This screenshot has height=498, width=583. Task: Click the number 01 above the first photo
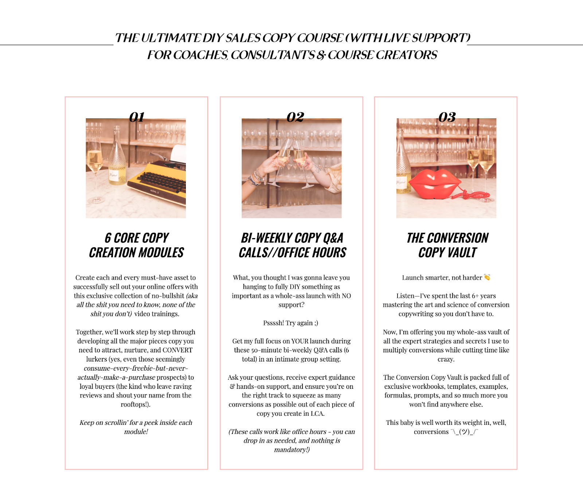pyautogui.click(x=137, y=117)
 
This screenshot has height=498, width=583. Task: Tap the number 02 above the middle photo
pyautogui.click(x=295, y=117)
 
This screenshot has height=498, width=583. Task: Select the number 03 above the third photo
pyautogui.click(x=447, y=117)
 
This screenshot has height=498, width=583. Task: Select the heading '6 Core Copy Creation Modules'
pyautogui.click(x=137, y=245)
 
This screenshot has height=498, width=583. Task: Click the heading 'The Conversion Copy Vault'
pyautogui.click(x=447, y=245)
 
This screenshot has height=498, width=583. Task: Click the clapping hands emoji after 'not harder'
pyautogui.click(x=487, y=277)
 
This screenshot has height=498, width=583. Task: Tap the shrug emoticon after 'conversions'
pyautogui.click(x=465, y=432)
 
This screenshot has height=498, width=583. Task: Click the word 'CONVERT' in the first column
pyautogui.click(x=177, y=350)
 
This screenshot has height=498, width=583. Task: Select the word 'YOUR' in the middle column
pyautogui.click(x=300, y=341)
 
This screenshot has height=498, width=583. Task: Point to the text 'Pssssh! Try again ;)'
pyautogui.click(x=291, y=323)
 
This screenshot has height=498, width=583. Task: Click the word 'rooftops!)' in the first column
pyautogui.click(x=136, y=404)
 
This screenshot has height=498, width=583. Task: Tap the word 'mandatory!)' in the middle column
pyautogui.click(x=292, y=450)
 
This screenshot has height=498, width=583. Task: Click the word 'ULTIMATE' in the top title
pyautogui.click(x=171, y=38)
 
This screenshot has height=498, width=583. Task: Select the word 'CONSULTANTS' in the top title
pyautogui.click(x=273, y=55)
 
